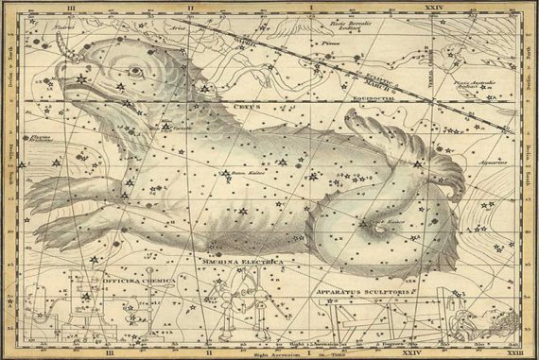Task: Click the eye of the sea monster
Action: [x=135, y=71]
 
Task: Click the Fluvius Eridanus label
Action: [x=40, y=139]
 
